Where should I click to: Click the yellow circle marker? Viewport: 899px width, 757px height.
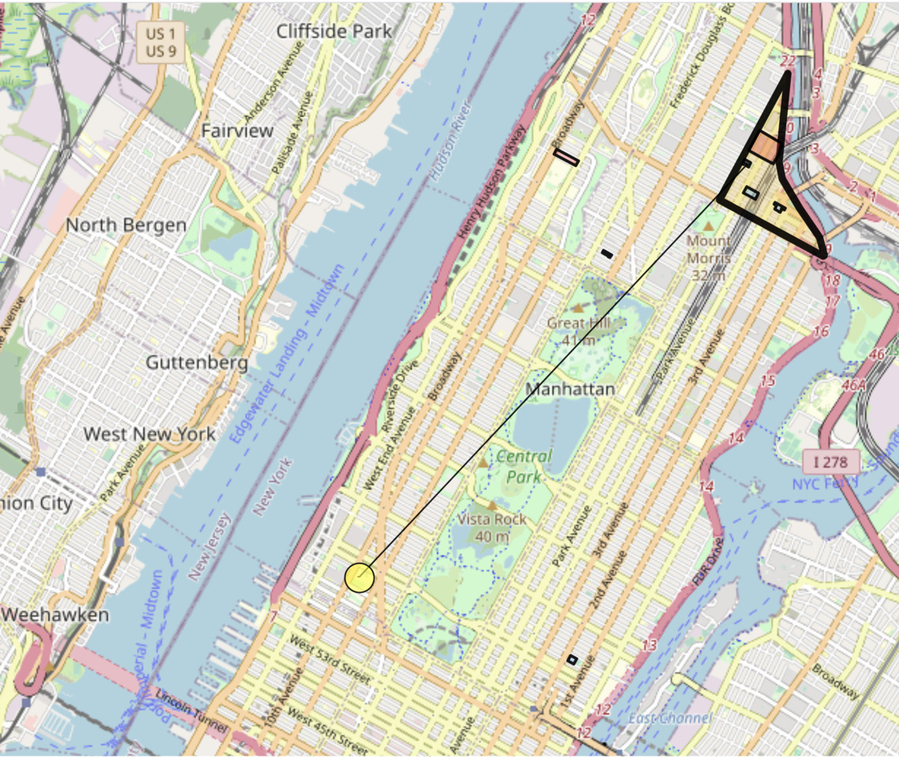[359, 577]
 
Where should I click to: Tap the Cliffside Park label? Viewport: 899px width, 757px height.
[334, 32]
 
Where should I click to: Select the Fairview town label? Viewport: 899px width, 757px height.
[237, 130]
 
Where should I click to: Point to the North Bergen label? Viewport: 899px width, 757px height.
[126, 226]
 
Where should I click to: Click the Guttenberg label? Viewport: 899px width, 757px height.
[197, 364]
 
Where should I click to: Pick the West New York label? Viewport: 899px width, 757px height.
[149, 434]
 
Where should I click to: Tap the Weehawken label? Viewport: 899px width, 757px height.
[54, 614]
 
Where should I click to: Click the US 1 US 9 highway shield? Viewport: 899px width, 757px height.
[155, 41]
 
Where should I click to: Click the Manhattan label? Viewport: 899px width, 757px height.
[569, 390]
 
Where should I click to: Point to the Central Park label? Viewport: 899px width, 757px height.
[524, 466]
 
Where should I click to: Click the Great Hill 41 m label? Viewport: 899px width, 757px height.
[577, 331]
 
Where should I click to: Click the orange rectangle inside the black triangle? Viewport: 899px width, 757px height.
[764, 147]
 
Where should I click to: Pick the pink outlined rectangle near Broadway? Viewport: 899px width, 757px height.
[566, 158]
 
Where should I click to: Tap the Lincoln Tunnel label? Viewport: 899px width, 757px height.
[189, 710]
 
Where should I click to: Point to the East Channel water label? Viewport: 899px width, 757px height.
[670, 718]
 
